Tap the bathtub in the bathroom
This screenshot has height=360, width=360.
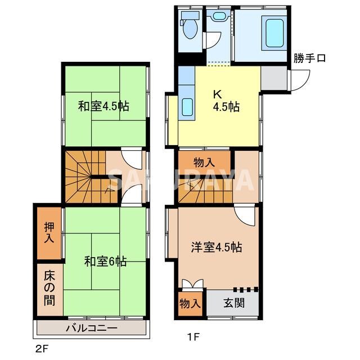tap(274, 33)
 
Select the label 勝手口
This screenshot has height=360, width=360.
tap(309, 58)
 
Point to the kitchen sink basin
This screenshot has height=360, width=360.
tap(187, 106)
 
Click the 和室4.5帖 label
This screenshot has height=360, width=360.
tap(103, 106)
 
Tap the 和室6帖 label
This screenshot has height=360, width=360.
tap(105, 261)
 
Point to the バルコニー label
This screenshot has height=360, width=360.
tap(91, 328)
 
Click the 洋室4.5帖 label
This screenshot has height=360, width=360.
tap(217, 247)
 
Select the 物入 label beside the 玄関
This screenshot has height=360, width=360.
tap(190, 303)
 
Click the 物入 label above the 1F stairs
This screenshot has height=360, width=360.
tap(204, 162)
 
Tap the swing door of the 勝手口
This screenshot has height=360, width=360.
tap(298, 80)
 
